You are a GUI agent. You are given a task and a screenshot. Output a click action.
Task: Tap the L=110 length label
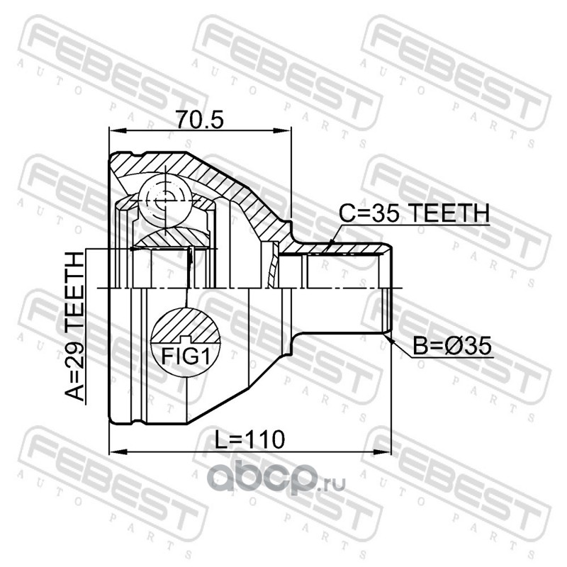coord(250,439)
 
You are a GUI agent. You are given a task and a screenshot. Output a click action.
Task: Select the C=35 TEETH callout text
coord(415,213)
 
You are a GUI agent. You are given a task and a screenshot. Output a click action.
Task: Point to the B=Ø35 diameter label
coord(452,346)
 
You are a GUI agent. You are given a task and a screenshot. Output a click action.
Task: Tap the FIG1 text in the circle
coord(186,356)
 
